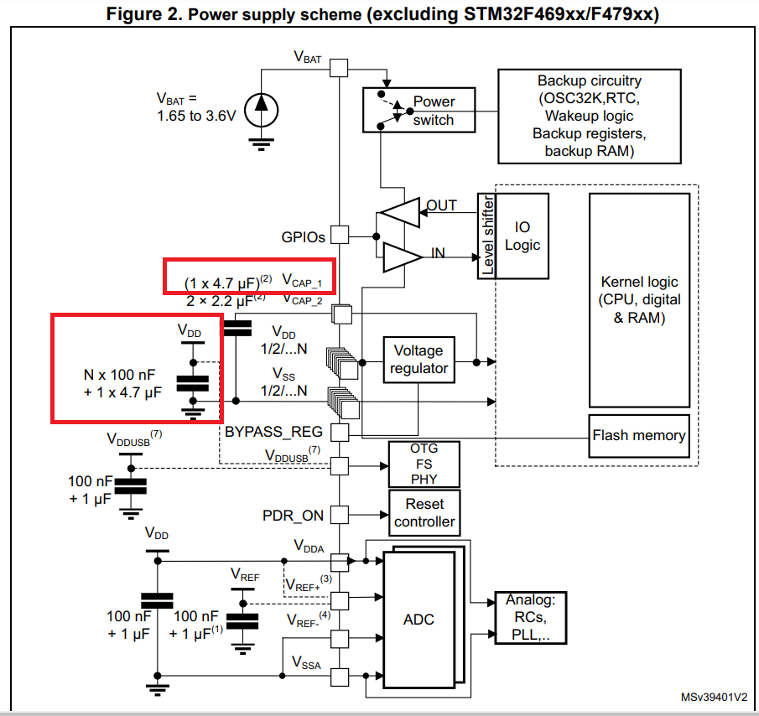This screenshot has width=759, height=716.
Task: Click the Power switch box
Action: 418,110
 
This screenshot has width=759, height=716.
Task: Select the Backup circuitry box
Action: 589,116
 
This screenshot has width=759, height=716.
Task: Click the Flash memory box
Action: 639,435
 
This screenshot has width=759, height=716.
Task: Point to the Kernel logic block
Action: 640,299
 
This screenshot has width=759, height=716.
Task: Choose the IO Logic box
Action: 522,236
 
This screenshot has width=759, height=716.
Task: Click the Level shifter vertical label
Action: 487,236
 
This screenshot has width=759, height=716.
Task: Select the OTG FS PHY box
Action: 424,464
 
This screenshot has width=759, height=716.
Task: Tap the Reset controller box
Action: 424,513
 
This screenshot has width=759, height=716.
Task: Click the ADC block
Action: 418,619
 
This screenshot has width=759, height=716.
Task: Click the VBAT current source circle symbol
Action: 262,105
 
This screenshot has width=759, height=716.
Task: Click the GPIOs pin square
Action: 338,236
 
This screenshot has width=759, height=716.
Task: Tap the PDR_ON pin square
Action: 338,514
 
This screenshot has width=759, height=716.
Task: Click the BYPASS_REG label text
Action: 273,433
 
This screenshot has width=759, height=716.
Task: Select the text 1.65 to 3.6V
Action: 196,116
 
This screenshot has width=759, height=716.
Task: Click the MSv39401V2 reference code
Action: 713,698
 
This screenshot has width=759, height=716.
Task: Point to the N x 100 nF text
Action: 119,375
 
